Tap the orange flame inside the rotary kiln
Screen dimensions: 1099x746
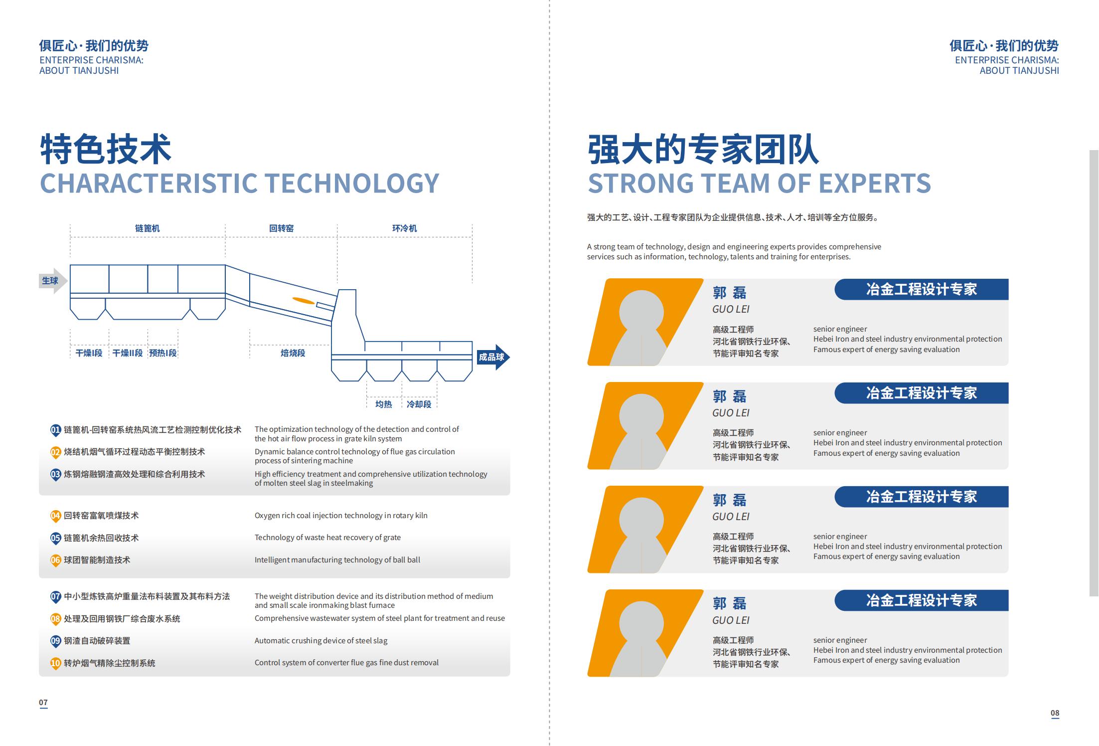303,300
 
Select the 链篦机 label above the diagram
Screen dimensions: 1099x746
148,228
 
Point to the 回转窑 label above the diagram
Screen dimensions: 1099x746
282,228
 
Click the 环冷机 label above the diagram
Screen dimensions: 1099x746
405,228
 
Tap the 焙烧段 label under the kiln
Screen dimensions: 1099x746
293,353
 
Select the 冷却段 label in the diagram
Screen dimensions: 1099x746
419,404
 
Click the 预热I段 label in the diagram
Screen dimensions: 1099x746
163,353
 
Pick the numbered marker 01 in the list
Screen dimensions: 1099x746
55,430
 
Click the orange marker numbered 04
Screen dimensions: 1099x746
55,516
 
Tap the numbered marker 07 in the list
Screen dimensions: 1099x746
55,597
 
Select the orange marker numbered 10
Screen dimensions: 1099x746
55,664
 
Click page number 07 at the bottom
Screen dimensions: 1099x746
43,703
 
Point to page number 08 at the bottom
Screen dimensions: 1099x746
1055,713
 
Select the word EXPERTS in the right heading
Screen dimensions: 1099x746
875,183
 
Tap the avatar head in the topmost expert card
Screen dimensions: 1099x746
641,313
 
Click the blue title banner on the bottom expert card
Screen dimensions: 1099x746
922,600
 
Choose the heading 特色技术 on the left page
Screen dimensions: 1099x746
106,149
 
